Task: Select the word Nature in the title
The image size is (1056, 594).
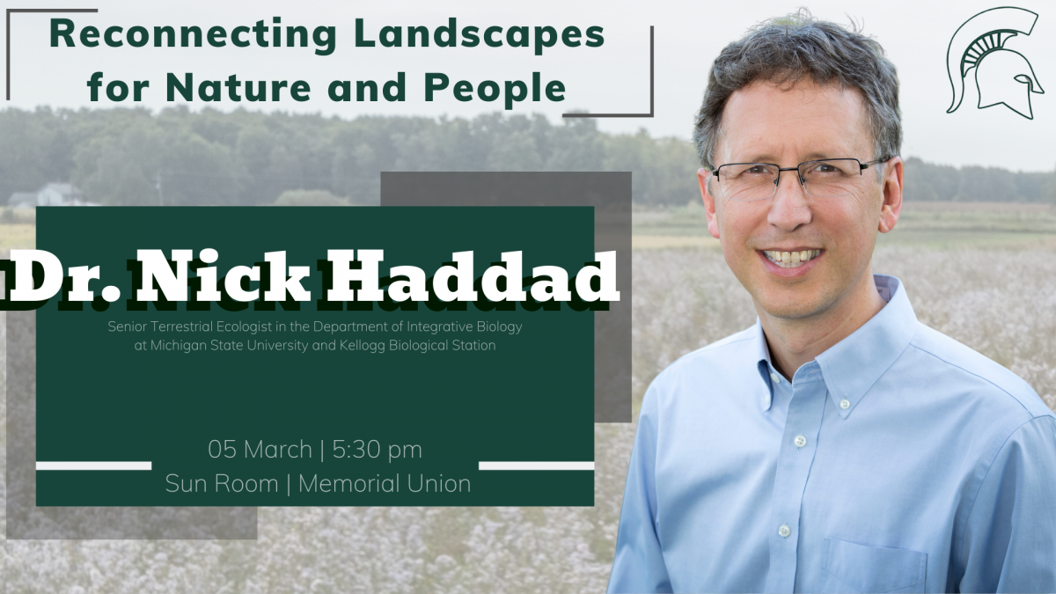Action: (x=238, y=87)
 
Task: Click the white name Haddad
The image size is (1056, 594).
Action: (x=473, y=276)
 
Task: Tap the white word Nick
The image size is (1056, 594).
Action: (x=223, y=276)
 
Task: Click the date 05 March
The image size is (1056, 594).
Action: (x=260, y=450)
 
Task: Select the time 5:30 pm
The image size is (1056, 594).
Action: (x=378, y=450)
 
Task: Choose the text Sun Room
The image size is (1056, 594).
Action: (x=222, y=484)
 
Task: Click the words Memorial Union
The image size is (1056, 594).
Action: (x=385, y=484)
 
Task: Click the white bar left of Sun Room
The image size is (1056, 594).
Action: (x=94, y=466)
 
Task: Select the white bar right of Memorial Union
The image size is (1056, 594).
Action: (x=537, y=466)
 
